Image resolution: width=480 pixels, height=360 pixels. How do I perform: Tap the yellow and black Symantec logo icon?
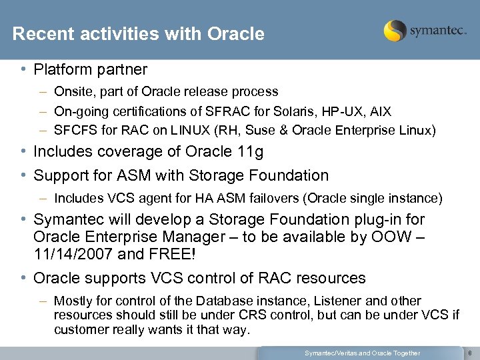pos(395,31)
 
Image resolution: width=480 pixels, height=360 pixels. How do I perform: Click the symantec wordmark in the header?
pos(437,31)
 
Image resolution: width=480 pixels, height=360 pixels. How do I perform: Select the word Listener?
pos(321,301)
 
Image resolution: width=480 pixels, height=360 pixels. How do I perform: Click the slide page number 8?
pos(470,353)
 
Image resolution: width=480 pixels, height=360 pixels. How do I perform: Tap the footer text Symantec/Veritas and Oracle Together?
pos(362,353)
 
